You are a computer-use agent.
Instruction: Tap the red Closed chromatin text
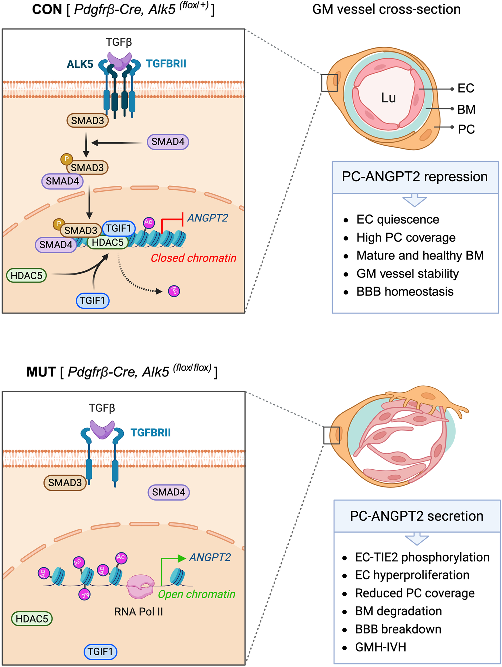193,258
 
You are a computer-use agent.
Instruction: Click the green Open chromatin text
196,594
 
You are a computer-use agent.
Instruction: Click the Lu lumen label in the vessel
388,98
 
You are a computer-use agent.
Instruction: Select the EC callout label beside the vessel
466,88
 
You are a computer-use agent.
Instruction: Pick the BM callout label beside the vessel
466,109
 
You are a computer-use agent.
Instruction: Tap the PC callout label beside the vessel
466,129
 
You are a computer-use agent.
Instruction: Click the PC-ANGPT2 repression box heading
415,177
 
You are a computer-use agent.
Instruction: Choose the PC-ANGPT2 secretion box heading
416,516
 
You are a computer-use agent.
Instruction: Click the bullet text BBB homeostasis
405,292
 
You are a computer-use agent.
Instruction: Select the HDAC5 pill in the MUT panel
32,619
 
